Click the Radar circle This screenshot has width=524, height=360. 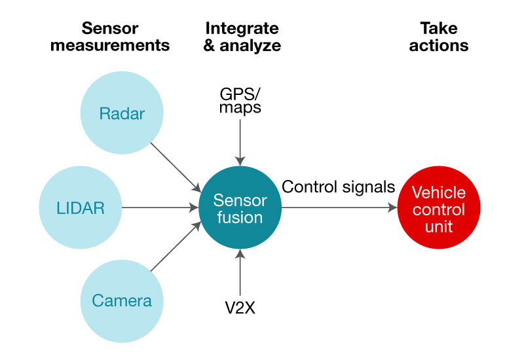[122, 115]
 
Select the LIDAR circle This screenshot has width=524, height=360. [81, 208]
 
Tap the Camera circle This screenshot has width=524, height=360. [122, 301]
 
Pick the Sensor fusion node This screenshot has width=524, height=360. [240, 207]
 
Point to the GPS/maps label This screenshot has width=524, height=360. [240, 99]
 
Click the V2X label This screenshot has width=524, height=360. [240, 307]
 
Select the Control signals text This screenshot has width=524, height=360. [339, 187]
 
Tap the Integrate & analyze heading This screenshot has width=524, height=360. [242, 37]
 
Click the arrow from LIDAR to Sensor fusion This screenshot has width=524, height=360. [160, 208]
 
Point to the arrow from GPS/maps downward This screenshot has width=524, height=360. [240, 141]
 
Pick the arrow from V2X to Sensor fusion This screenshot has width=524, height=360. [240, 275]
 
